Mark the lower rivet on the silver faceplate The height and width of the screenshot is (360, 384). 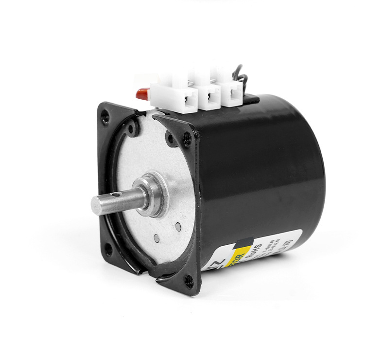point(157,238)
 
